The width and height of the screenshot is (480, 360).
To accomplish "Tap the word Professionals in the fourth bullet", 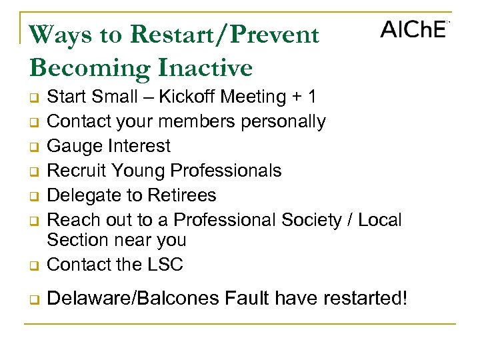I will (x=226, y=171).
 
